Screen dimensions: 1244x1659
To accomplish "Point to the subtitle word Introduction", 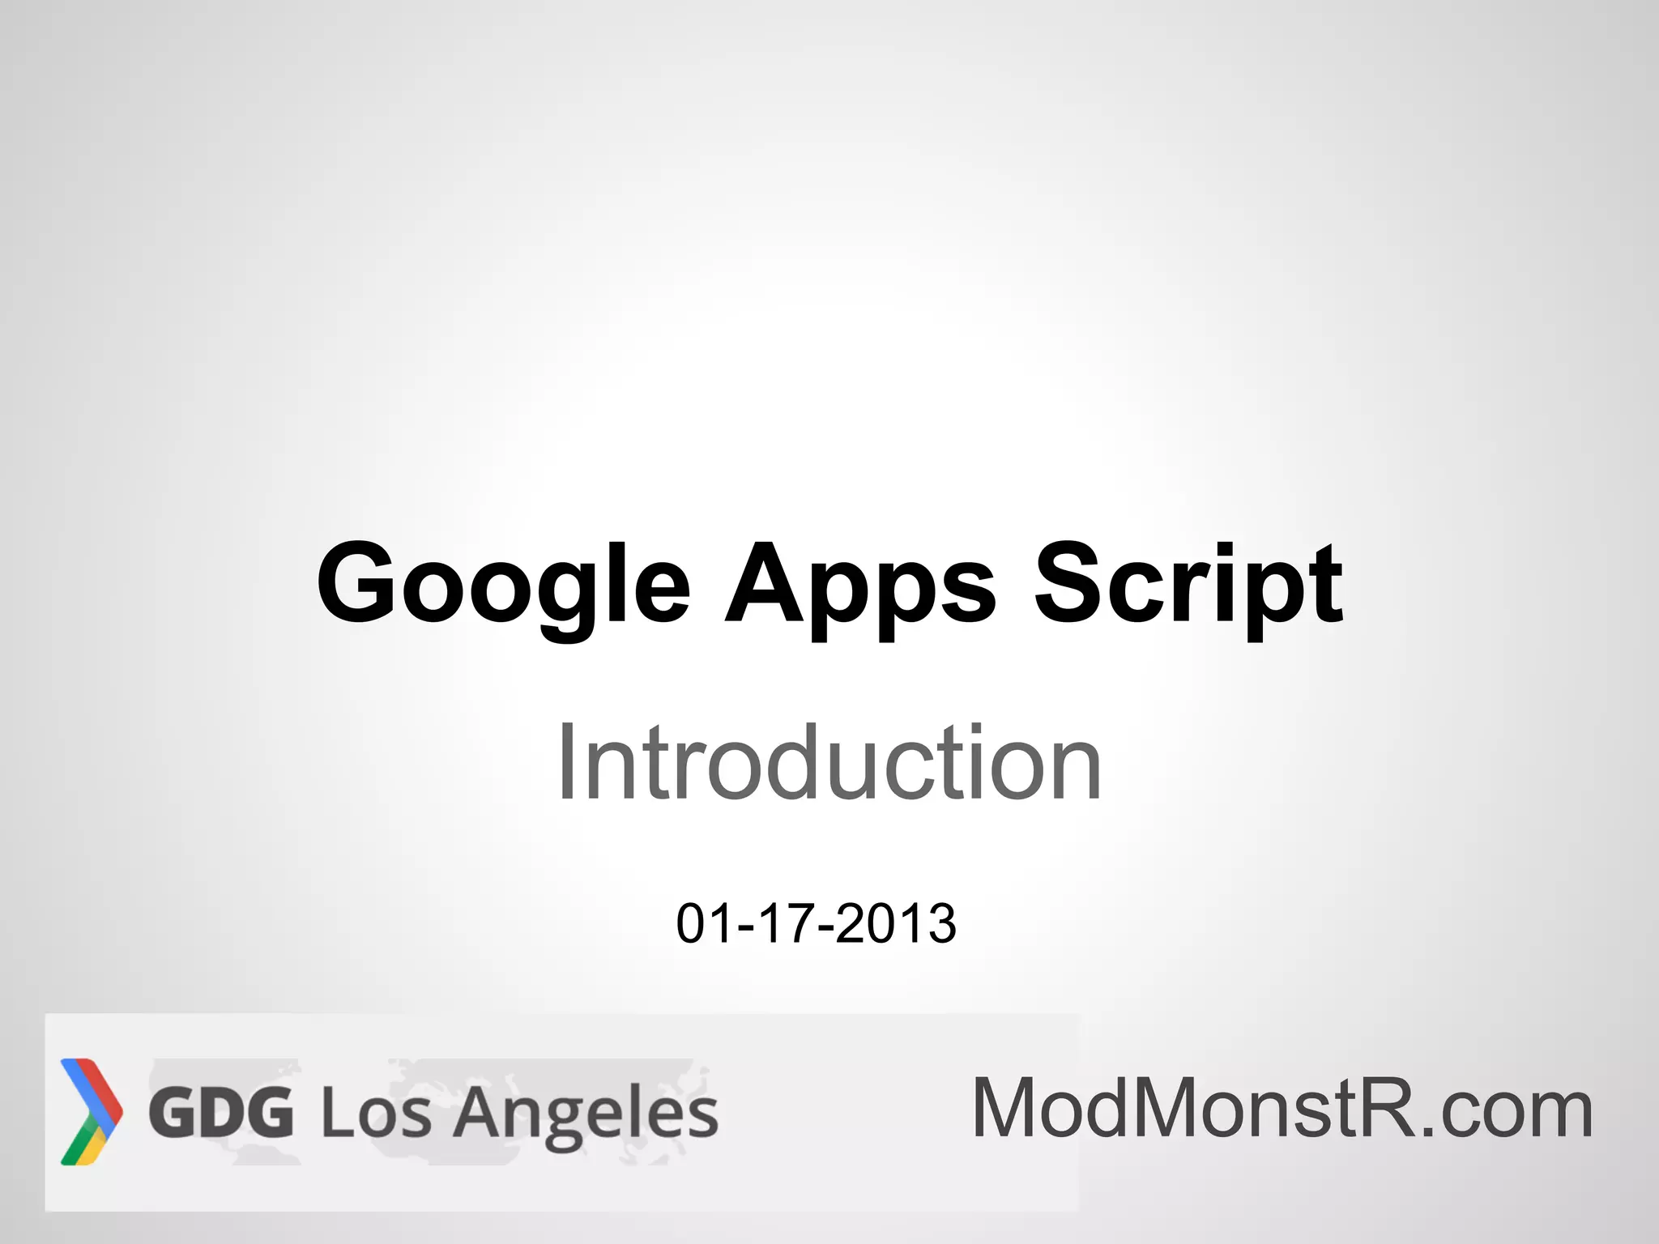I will coord(828,763).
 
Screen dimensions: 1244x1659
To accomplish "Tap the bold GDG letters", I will coord(221,1113).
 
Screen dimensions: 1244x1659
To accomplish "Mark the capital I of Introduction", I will coord(566,763).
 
